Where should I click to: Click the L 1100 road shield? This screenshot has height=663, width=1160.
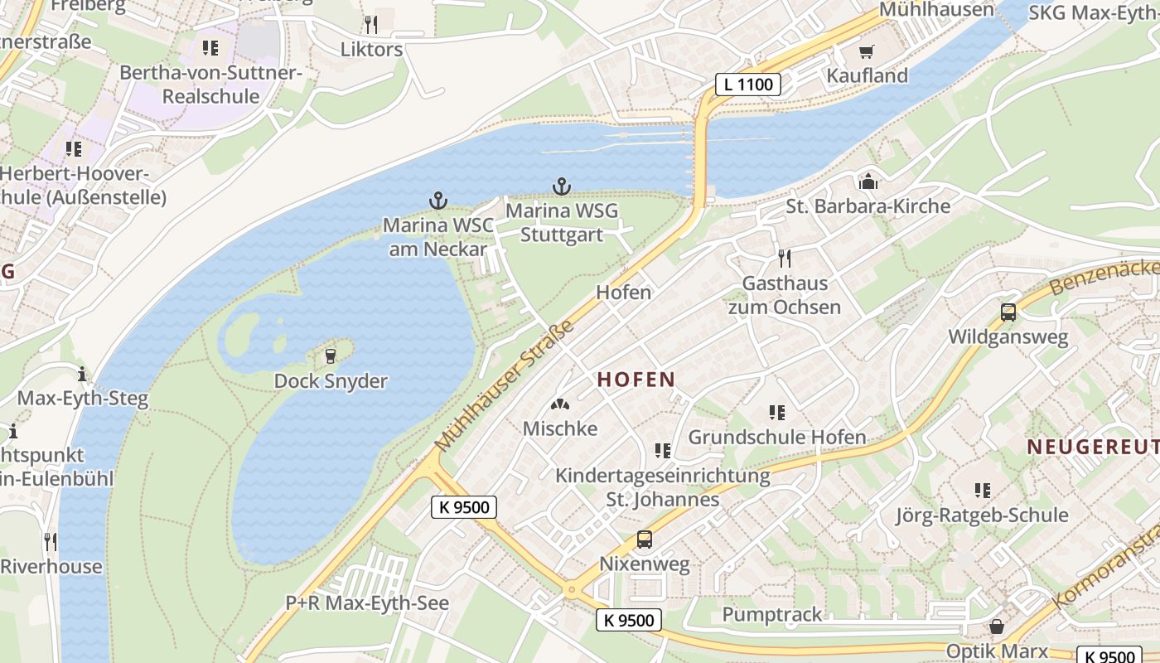click(x=748, y=84)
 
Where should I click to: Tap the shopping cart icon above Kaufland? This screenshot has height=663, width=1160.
click(x=867, y=52)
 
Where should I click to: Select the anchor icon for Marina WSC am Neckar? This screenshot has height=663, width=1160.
click(x=437, y=201)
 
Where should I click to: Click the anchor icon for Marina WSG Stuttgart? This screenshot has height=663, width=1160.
click(x=562, y=186)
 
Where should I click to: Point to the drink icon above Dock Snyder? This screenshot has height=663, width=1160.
click(x=331, y=356)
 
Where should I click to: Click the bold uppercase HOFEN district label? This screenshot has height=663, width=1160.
click(x=636, y=380)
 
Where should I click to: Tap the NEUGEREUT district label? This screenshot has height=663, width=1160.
click(x=1092, y=447)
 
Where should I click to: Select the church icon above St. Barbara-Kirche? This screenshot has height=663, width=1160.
click(x=868, y=181)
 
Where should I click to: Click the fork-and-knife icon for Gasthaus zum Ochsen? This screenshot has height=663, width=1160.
click(x=785, y=259)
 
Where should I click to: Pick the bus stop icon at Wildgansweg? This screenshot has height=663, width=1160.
click(x=1008, y=312)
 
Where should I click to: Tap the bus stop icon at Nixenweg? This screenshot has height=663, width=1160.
click(x=644, y=540)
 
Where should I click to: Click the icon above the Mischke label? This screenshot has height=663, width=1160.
click(x=560, y=404)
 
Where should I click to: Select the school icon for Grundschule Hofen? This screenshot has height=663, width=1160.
click(x=776, y=412)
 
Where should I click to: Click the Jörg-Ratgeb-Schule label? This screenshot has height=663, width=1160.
click(x=981, y=515)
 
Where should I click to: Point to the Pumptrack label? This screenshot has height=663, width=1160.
click(x=772, y=614)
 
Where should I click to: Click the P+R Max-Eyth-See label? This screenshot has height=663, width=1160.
click(x=367, y=603)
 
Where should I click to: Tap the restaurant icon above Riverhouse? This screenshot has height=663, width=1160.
click(x=51, y=542)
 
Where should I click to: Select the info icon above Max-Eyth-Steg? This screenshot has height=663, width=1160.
click(x=81, y=373)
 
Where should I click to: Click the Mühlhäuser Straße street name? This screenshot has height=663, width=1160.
click(x=505, y=387)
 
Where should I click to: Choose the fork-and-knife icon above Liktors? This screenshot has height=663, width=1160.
click(x=370, y=24)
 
